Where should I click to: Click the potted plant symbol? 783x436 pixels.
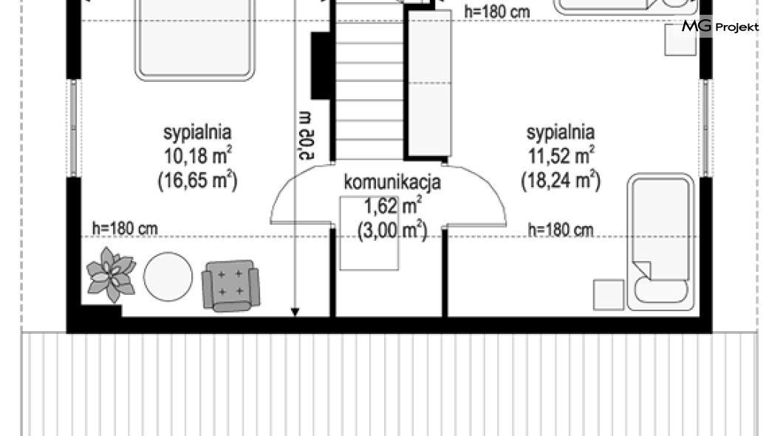point(111,274)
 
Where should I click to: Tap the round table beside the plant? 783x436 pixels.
point(168,276)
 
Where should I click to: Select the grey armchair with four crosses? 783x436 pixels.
point(230,286)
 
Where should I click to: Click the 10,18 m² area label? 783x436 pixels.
point(198,155)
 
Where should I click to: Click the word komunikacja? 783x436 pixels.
point(392,182)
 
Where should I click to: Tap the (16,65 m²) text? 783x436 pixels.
point(198,180)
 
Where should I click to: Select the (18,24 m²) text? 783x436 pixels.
point(561,180)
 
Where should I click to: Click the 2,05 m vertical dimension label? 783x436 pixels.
point(305,136)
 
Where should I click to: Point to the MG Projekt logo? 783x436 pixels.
point(720,27)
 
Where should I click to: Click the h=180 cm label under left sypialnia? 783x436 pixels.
point(125,229)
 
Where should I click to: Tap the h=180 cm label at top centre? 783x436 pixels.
point(497,12)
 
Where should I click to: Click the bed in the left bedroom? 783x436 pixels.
point(195,40)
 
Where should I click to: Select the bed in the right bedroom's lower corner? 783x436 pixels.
point(660,242)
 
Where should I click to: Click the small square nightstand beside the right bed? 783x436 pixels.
point(608,295)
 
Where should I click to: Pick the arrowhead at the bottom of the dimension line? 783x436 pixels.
point(295,312)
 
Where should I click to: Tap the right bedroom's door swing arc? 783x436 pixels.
point(485,184)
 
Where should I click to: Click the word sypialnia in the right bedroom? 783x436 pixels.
point(561,132)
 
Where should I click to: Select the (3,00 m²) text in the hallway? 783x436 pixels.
point(392,231)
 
